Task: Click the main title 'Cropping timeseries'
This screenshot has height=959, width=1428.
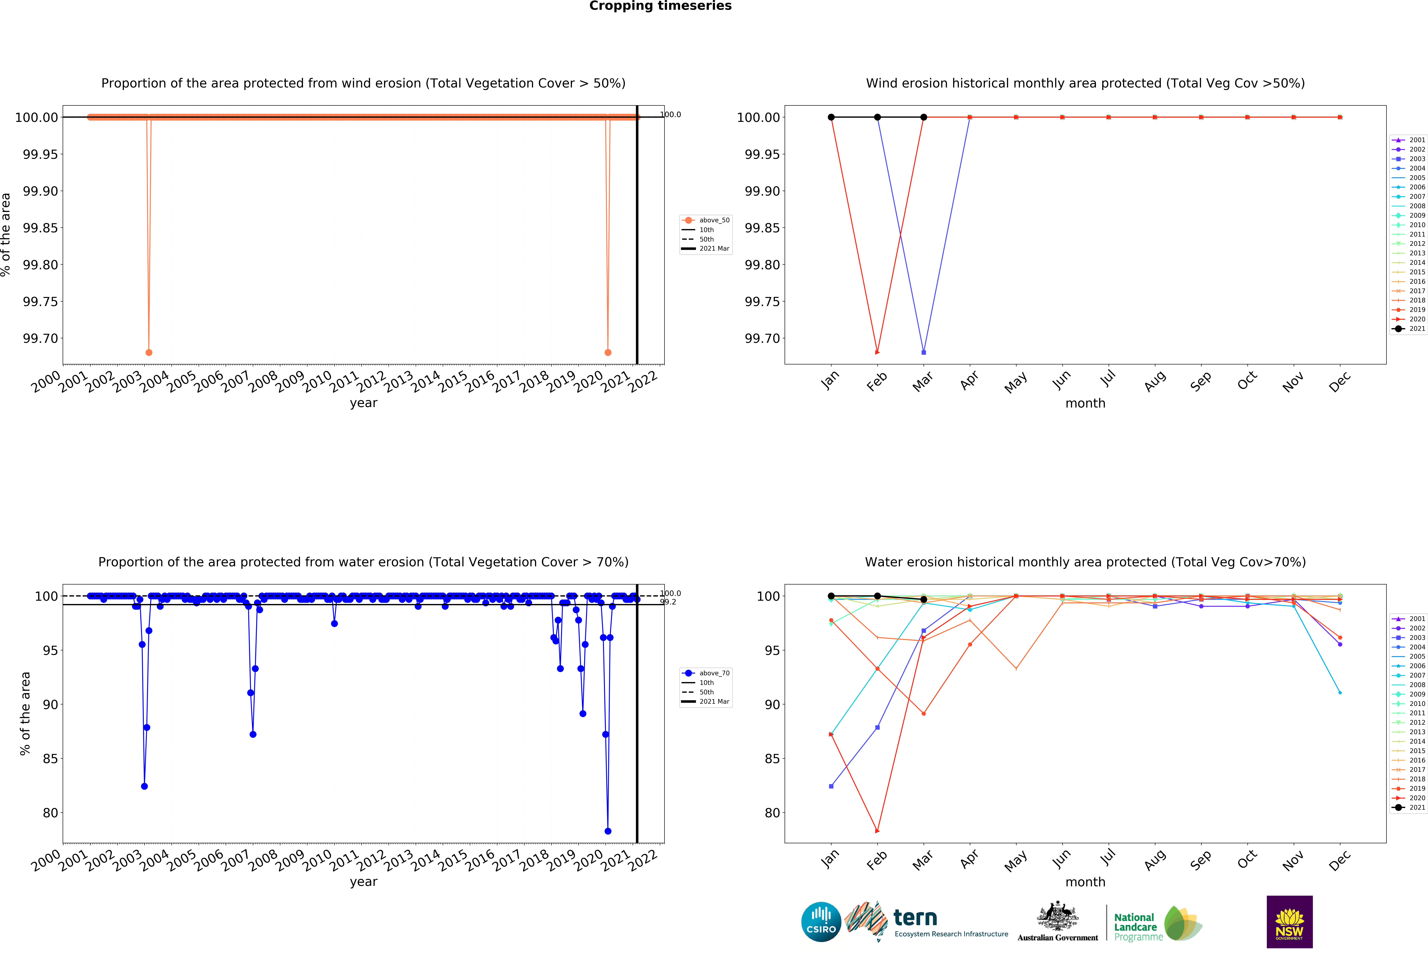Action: [660, 6]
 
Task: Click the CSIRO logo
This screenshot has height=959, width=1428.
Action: [821, 922]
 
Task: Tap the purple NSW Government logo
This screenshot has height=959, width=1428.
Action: [1289, 922]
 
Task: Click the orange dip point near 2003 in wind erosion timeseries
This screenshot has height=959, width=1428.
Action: [149, 352]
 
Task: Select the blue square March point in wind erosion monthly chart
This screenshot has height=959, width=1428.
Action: [924, 352]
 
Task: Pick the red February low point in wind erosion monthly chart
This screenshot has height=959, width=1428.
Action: [877, 352]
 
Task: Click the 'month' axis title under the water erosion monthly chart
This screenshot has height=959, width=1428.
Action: [1085, 882]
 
